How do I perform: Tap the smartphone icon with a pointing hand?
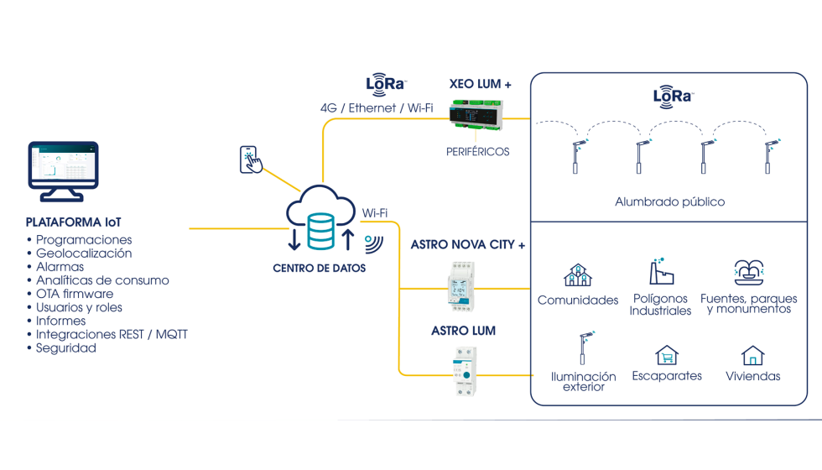250,159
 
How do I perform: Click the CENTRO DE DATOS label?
319,269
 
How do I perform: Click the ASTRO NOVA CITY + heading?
468,245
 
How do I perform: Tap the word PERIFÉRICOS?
477,152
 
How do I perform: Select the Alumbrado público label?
669,202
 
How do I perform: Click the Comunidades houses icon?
577,275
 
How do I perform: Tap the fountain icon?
748,272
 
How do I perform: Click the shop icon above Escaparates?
667,355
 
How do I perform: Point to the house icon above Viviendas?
752,355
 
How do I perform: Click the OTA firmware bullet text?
75,294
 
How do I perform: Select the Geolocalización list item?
84,253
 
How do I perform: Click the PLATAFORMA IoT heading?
74,223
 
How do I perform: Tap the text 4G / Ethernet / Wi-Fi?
377,108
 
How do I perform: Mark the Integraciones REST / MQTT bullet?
112,334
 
